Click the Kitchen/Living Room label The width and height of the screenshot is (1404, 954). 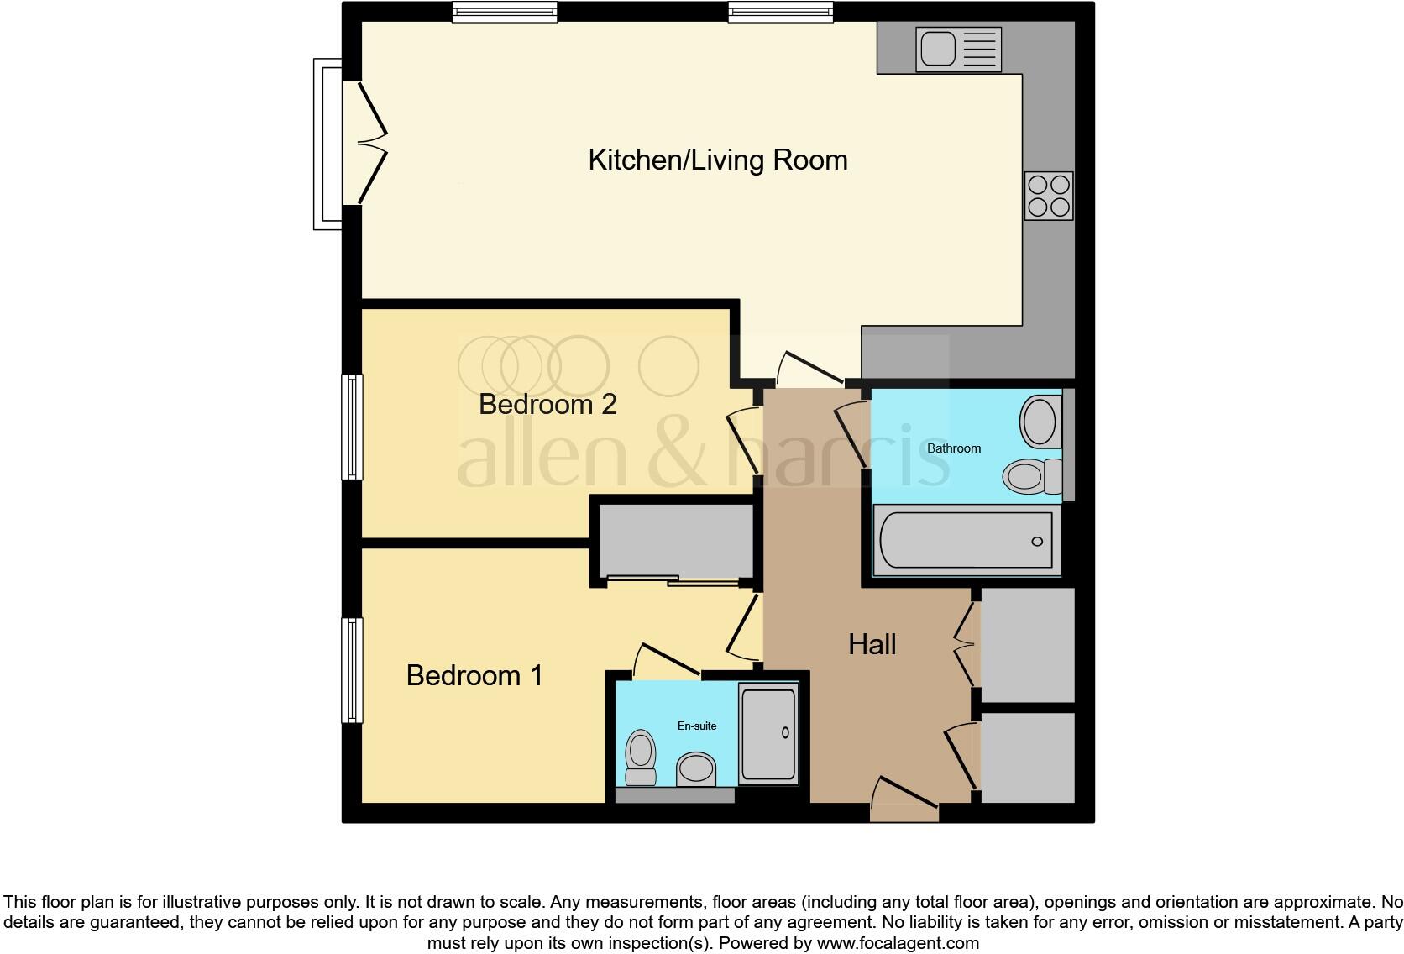717,160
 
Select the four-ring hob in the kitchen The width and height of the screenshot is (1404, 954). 1049,195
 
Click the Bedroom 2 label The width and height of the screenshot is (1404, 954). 547,405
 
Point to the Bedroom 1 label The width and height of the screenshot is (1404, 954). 474,675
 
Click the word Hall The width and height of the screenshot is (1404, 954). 872,645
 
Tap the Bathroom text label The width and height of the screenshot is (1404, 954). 953,448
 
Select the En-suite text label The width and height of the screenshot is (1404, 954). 697,726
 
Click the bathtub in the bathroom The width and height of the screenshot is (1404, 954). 966,541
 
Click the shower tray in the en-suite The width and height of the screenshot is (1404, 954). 767,734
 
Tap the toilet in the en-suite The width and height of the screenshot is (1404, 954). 641,756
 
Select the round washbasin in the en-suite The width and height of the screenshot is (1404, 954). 696,767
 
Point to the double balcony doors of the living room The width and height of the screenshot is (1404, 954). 367,143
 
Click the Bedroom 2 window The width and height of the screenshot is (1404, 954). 352,427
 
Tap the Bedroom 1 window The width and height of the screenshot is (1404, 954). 352,669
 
